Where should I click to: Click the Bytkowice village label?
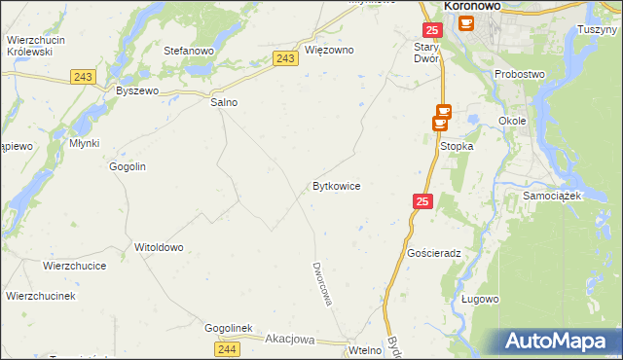[337, 185]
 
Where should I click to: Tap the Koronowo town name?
[479, 6]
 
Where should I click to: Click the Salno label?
[224, 102]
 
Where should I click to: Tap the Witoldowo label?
[159, 247]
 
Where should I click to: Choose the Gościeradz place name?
[433, 252]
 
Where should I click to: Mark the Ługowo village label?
[480, 299]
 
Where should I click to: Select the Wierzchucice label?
[74, 265]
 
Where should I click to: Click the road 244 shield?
[227, 348]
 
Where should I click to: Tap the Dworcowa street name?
[322, 283]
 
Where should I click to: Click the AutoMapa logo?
[560, 342]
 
